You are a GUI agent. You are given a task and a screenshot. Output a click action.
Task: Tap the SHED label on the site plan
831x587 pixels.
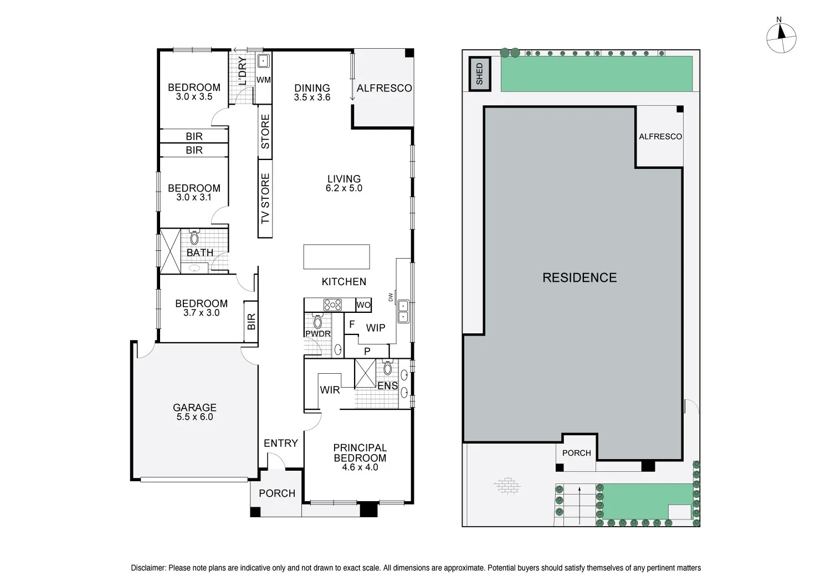coord(480,74)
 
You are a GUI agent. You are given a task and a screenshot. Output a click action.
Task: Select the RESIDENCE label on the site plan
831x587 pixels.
coord(579,277)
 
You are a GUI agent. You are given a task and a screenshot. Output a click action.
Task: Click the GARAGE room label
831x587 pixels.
coord(194,408)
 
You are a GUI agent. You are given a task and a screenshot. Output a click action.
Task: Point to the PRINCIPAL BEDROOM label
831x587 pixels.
coord(360,452)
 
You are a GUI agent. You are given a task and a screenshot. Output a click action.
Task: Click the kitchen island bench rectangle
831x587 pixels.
coord(336,256)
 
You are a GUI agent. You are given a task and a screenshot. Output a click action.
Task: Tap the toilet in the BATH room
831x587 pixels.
coord(194,238)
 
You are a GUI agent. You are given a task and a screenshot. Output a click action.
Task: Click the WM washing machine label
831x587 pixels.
coord(264,80)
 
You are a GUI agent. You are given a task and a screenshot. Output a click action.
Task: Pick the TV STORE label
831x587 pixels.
coord(265,198)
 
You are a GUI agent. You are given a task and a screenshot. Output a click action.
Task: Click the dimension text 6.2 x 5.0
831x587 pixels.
coord(344,188)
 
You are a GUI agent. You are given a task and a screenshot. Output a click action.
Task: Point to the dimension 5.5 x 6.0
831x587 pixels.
coord(194,417)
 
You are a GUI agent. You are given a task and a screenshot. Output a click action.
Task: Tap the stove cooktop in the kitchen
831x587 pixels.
coord(332,305)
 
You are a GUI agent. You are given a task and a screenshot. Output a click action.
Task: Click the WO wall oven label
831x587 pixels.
coord(363,305)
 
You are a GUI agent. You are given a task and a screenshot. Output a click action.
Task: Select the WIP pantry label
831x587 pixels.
coord(376,328)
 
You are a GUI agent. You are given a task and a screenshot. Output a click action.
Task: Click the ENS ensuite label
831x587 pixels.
coord(387,385)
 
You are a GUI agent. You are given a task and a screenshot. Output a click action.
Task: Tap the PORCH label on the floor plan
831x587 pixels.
coord(277,493)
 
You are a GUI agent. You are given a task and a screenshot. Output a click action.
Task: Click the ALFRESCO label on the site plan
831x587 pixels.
coord(660,136)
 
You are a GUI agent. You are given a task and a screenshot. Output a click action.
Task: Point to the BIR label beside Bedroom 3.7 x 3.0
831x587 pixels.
coord(251,321)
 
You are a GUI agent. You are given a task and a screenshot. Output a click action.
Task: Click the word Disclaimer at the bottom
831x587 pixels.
coord(148,568)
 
